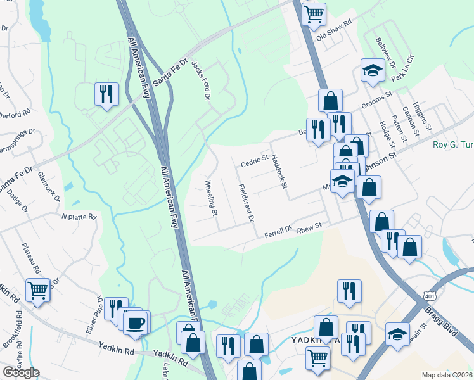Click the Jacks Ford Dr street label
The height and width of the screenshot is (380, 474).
pos(201,80)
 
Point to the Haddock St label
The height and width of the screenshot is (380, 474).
pos(279,171)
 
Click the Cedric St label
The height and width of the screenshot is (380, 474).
pos(254,163)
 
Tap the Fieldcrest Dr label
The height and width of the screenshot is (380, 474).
pos(246,203)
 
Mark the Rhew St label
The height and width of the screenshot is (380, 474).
pos(310,225)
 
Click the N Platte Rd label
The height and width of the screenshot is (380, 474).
pos(79,217)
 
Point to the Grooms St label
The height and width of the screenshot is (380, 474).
pos(377,102)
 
